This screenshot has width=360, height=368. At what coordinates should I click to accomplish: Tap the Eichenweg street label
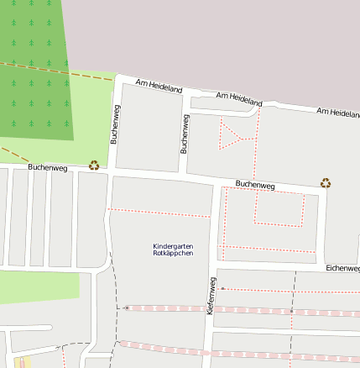[x=342, y=268]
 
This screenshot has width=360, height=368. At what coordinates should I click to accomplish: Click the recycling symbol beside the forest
[x=94, y=166]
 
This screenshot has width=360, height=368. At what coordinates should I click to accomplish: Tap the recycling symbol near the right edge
[x=326, y=182]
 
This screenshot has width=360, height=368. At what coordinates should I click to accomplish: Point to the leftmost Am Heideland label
[x=159, y=87]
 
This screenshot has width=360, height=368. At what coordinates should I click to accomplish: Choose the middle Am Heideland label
[x=239, y=99]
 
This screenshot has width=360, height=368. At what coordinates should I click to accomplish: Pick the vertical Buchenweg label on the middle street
[x=185, y=134]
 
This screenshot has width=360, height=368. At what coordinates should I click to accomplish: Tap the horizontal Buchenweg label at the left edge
[x=47, y=168]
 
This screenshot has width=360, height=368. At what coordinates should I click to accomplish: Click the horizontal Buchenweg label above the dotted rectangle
[x=255, y=184]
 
